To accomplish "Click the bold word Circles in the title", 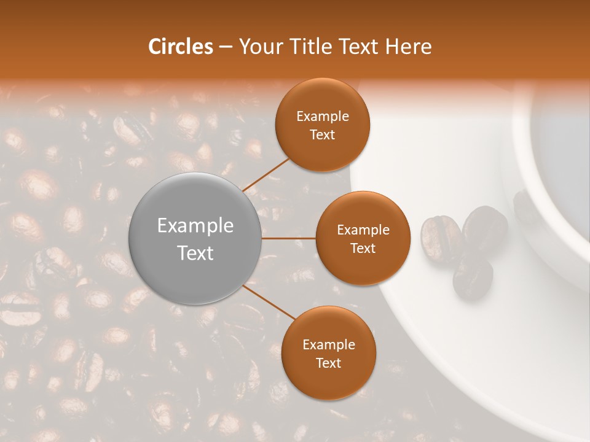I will click(180, 47).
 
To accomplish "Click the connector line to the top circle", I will click(266, 174).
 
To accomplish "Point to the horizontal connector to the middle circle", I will click(289, 238).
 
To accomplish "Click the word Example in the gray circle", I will click(195, 226).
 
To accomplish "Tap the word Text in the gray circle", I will click(195, 253).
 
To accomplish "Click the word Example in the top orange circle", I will click(322, 117).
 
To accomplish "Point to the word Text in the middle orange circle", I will click(363, 248).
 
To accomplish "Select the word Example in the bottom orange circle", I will click(328, 345).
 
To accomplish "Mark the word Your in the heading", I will click(259, 47).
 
